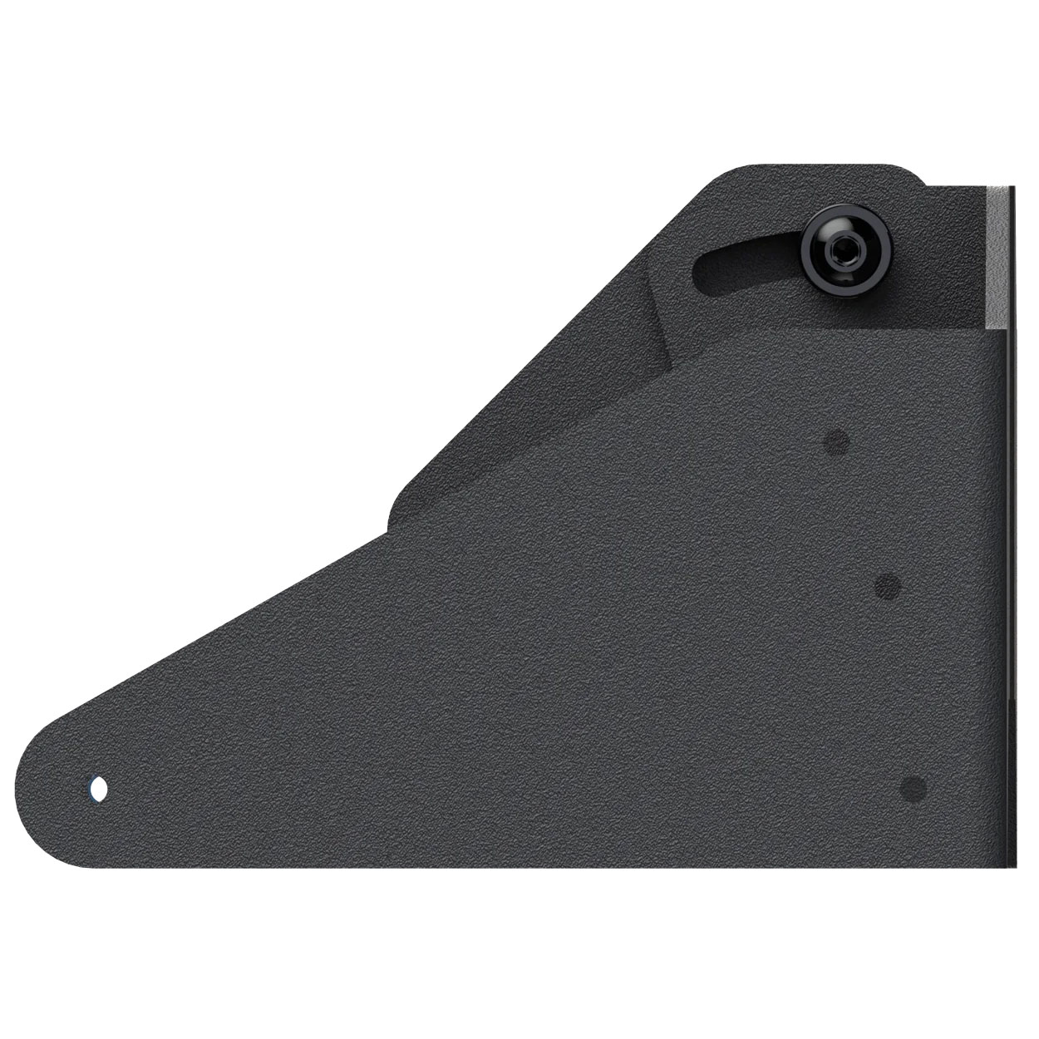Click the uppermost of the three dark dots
[836, 443]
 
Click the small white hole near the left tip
[98, 787]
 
